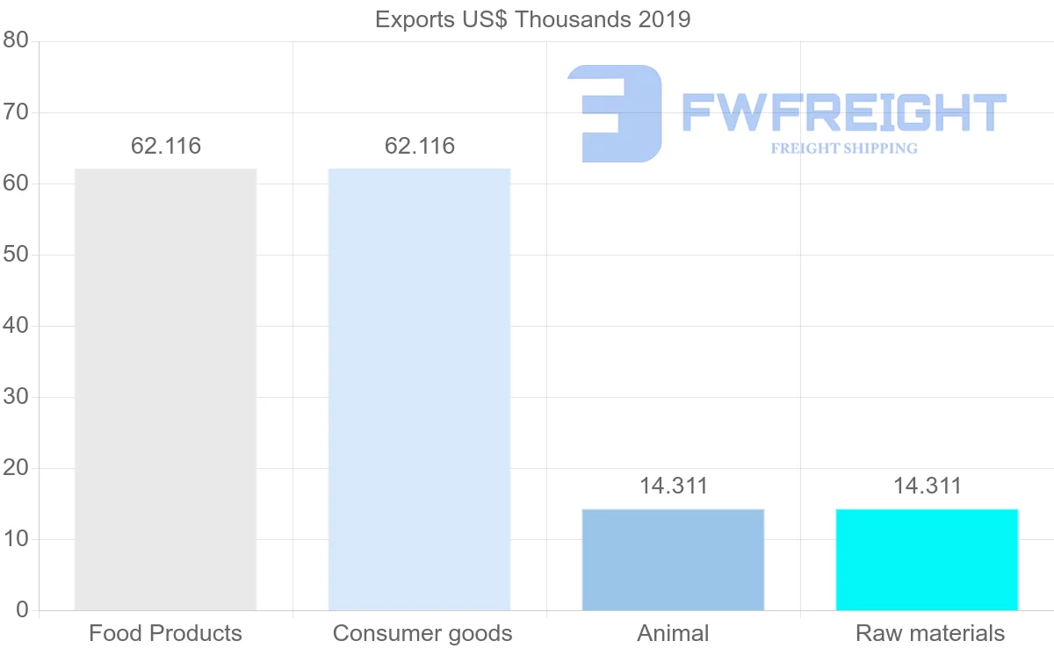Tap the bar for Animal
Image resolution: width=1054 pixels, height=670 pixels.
tap(673, 559)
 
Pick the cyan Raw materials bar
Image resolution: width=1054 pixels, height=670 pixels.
tap(927, 559)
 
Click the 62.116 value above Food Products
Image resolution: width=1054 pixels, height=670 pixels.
tap(166, 147)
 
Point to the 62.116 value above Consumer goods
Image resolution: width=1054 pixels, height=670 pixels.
tap(420, 147)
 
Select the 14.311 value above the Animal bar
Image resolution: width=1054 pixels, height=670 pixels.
tap(674, 486)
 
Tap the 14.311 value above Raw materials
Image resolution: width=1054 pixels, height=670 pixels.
tap(928, 486)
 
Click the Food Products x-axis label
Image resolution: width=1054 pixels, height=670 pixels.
tap(165, 633)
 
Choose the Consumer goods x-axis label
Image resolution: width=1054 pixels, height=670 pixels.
tap(422, 633)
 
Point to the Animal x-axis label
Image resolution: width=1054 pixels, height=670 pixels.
tap(673, 633)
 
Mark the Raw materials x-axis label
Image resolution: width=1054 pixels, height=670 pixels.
tap(929, 633)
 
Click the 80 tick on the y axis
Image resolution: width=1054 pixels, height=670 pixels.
tap(16, 41)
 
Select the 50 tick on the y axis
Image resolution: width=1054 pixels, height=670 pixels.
tap(16, 255)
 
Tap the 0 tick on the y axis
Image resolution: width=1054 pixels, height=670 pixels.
tap(22, 610)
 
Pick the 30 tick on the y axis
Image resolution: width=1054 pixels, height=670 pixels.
tap(16, 397)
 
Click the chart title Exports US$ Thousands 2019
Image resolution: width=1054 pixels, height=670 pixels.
tap(532, 19)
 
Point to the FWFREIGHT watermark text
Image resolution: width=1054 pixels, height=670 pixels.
tap(843, 113)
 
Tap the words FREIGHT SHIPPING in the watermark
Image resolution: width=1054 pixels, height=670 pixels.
tap(844, 148)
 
